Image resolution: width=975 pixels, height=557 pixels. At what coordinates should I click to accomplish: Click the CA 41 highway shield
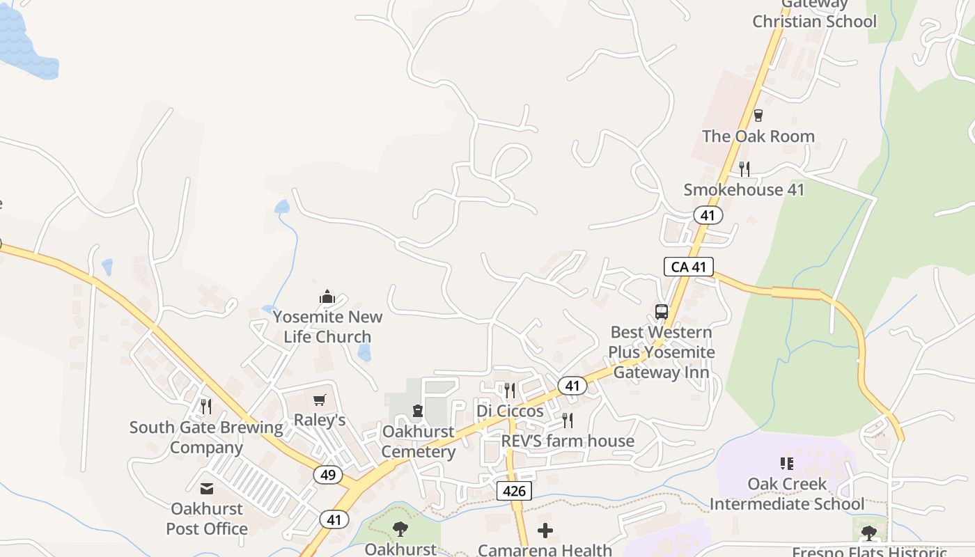tap(688, 266)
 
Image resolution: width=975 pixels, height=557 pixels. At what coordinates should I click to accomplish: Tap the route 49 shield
tap(328, 475)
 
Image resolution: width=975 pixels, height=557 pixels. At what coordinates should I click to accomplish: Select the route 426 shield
tap(514, 490)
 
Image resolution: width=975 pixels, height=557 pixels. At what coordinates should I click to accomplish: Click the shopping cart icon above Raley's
tap(320, 400)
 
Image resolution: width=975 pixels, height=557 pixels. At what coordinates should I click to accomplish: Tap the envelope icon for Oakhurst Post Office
tap(207, 488)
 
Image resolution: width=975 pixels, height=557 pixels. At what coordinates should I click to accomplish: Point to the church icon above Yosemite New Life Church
tap(327, 297)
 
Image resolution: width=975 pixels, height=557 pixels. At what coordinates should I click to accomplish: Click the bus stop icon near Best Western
tap(662, 312)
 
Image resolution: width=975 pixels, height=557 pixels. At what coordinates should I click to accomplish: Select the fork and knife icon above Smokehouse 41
tap(744, 168)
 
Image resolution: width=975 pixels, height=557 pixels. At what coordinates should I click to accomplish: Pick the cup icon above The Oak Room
tap(758, 116)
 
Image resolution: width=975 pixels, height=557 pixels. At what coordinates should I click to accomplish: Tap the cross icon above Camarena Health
tap(545, 531)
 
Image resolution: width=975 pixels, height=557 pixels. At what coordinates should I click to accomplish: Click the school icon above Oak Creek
tap(787, 463)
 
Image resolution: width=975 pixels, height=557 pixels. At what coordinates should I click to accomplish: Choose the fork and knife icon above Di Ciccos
tap(510, 391)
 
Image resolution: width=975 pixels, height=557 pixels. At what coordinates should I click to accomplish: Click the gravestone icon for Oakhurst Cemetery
tap(418, 411)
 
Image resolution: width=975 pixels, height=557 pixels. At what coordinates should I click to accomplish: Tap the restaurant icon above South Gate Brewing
tap(206, 407)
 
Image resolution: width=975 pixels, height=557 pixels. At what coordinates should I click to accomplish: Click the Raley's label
tap(320, 420)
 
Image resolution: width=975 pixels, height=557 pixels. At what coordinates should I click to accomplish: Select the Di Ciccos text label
tap(510, 411)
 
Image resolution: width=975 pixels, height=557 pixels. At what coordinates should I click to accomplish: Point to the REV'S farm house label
tap(568, 441)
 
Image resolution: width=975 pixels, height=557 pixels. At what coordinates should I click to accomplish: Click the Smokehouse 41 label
tap(744, 189)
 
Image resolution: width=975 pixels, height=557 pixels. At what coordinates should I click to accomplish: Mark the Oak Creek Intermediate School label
tap(787, 494)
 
